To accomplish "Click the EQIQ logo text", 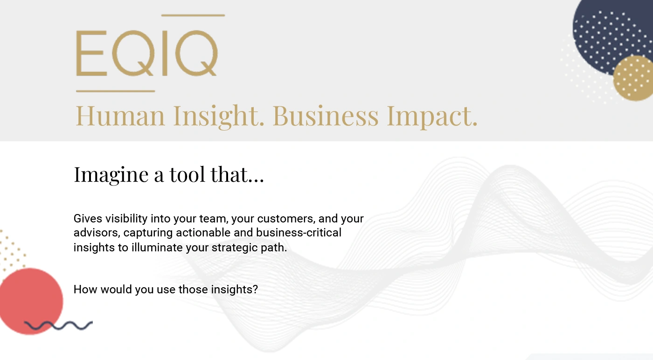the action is pyautogui.click(x=147, y=53).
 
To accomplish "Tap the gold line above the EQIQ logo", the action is pyautogui.click(x=193, y=15).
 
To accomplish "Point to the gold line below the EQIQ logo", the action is pyautogui.click(x=116, y=91).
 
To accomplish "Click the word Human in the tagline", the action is pyautogui.click(x=120, y=116).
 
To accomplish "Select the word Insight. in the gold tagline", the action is pyautogui.click(x=219, y=117).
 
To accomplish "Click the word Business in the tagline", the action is pyautogui.click(x=326, y=116).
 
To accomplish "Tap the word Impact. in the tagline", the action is pyautogui.click(x=432, y=117).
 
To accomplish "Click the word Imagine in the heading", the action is pyautogui.click(x=111, y=175).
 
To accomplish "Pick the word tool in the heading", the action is pyautogui.click(x=187, y=174).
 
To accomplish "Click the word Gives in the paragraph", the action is pyautogui.click(x=88, y=218).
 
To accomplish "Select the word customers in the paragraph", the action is pyautogui.click(x=286, y=219).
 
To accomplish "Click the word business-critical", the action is pyautogui.click(x=299, y=233).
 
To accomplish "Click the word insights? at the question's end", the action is pyautogui.click(x=234, y=290).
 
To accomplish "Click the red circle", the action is pyautogui.click(x=31, y=301).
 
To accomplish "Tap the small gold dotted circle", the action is pyautogui.click(x=633, y=78).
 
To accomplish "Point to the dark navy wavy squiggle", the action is pyautogui.click(x=58, y=325).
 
